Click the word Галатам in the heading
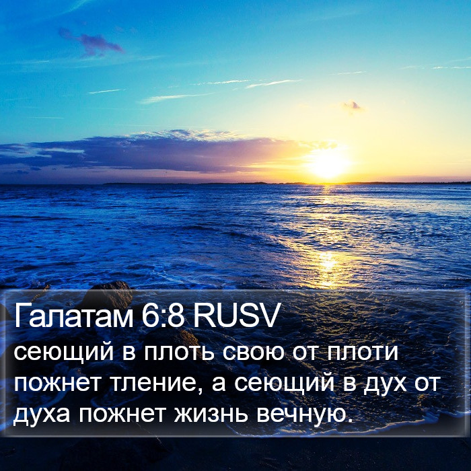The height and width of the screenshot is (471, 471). pos(73,315)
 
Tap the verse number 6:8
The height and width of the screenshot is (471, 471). pos(163,315)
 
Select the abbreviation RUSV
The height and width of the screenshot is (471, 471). pos(236,315)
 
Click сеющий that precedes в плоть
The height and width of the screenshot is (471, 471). pos(63,353)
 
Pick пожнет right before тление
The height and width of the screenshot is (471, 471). pos(57,384)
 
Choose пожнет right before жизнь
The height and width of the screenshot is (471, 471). pos(122,414)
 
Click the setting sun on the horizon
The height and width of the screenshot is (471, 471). pos(328,165)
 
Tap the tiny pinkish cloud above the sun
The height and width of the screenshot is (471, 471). pos(353,106)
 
